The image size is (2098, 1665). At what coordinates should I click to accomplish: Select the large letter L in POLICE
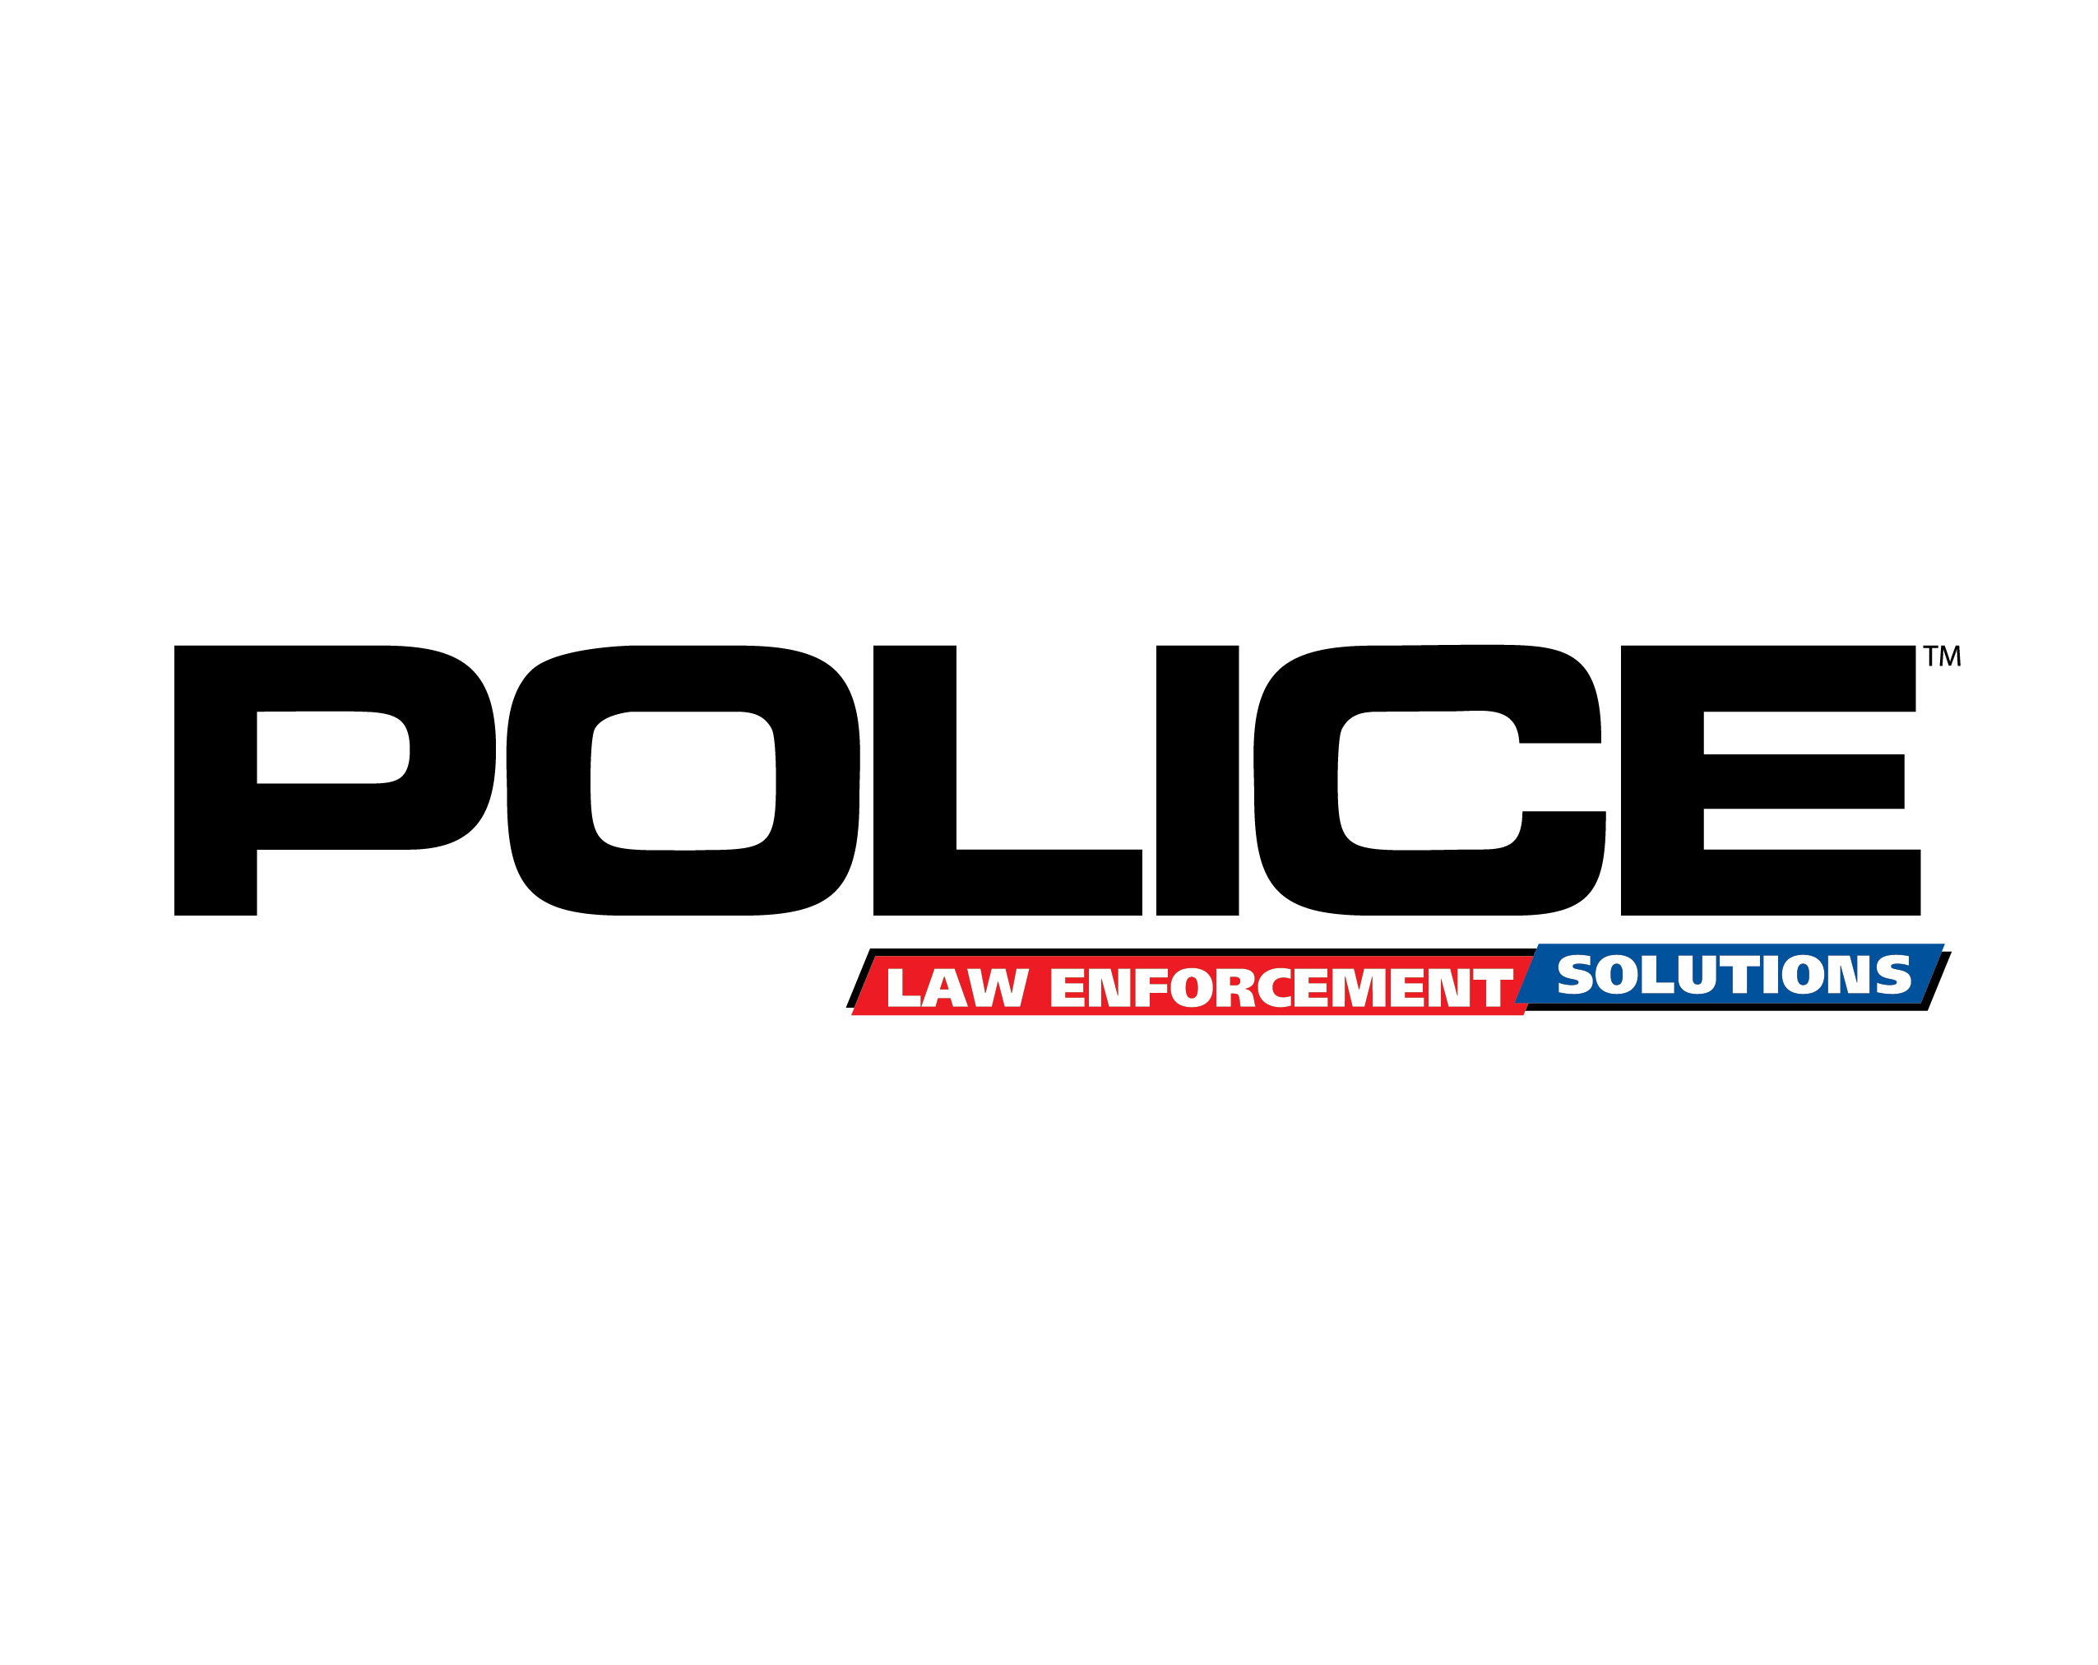(x=915, y=778)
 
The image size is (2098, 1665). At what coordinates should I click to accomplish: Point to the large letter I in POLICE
(x=1197, y=778)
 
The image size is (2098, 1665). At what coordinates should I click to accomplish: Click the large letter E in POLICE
(x=1662, y=778)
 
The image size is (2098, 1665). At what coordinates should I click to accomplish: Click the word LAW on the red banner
(x=956, y=989)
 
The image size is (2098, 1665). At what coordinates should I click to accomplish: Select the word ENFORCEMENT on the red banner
(x=1281, y=989)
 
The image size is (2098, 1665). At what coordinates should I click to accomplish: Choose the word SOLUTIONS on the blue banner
(x=1734, y=975)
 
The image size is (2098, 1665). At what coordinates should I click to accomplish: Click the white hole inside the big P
(x=331, y=746)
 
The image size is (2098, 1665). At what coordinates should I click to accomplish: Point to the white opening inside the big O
(x=683, y=781)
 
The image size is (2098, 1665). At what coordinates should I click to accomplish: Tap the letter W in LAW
(x=999, y=989)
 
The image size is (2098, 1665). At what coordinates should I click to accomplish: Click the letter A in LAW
(x=952, y=989)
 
